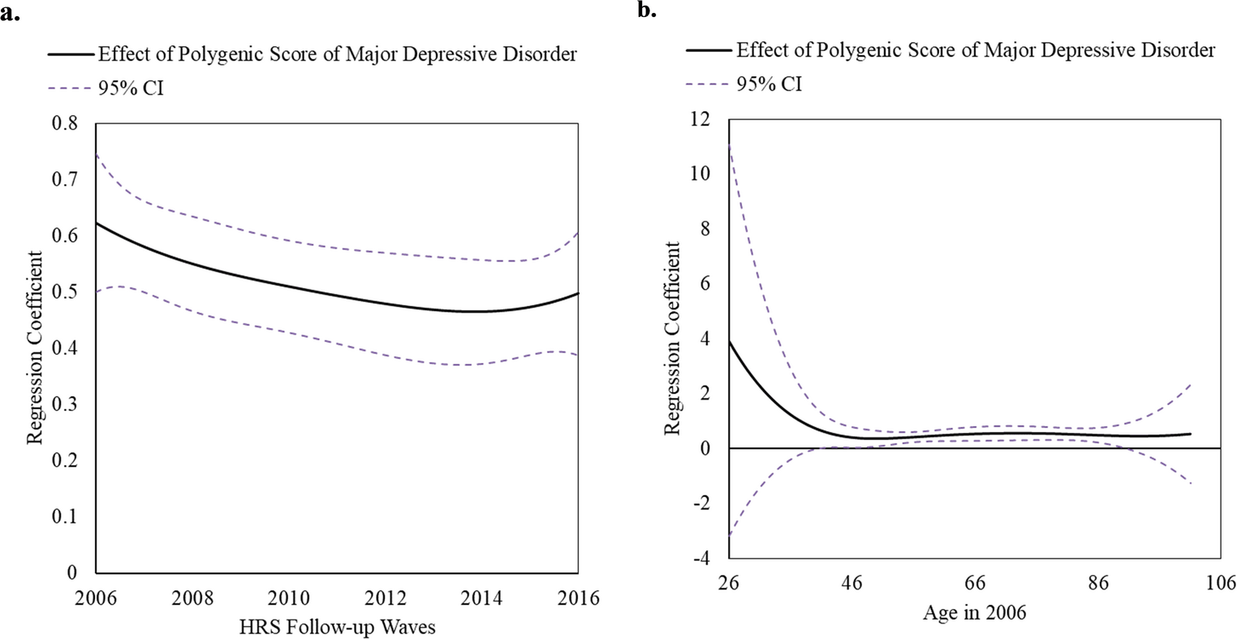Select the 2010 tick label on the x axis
pos(289,598)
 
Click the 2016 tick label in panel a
pos(578,598)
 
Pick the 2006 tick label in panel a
pos(96,598)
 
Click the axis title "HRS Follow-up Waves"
pos(337,628)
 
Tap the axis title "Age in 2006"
pos(974,612)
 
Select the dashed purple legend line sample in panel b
pos(707,83)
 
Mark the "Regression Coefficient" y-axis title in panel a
pos(35,348)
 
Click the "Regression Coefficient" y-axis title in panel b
pos(672,338)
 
